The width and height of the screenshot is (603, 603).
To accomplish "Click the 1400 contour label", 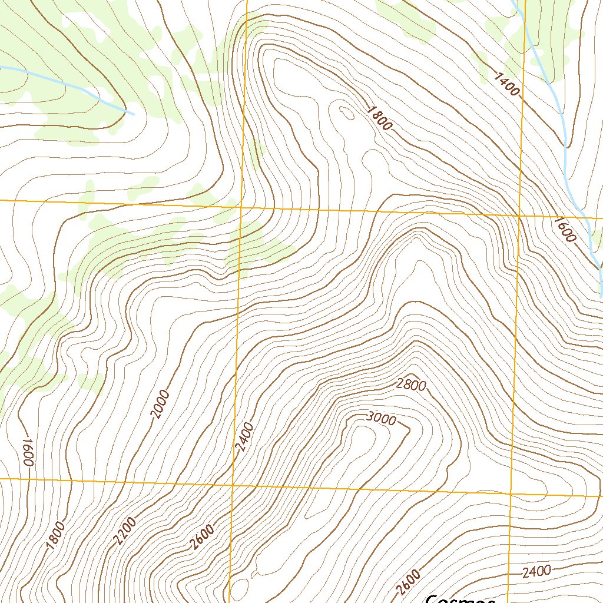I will pyautogui.click(x=507, y=84).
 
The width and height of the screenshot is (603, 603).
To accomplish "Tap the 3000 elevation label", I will pyautogui.click(x=380, y=419).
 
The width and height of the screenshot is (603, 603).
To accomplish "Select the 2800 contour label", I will pyautogui.click(x=411, y=385).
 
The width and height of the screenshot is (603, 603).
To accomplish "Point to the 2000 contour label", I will pyautogui.click(x=160, y=404).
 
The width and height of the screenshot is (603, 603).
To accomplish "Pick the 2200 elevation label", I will pyautogui.click(x=125, y=531).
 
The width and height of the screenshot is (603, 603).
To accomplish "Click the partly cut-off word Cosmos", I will pyautogui.click(x=459, y=598).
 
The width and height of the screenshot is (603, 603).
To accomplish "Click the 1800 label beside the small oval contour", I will pyautogui.click(x=379, y=118).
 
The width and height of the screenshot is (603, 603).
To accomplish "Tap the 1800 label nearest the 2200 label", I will pyautogui.click(x=55, y=536).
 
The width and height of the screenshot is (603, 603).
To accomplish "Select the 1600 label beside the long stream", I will pyautogui.click(x=564, y=230).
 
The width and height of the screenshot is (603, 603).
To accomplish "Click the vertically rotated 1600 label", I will pyautogui.click(x=26, y=452).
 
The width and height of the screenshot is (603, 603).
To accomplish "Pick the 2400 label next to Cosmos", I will pyautogui.click(x=536, y=571).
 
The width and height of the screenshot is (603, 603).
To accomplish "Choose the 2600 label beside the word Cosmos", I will pyautogui.click(x=409, y=582).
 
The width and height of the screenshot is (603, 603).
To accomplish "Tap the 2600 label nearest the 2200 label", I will pyautogui.click(x=202, y=536).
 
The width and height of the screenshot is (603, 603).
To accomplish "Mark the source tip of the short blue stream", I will pyautogui.click(x=134, y=114).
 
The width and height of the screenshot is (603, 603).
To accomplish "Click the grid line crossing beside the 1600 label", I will pyautogui.click(x=519, y=216).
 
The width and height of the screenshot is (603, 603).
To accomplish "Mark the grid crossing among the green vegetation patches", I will pyautogui.click(x=241, y=207).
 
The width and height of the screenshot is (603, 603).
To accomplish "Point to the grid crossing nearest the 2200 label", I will pyautogui.click(x=233, y=485).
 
